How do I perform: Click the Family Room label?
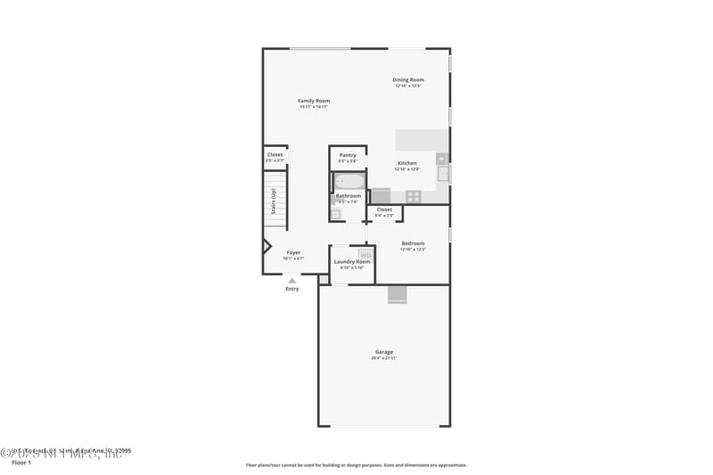[x=314, y=101]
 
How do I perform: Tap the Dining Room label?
[x=408, y=80]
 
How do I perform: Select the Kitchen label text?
[x=407, y=163]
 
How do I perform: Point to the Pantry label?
[x=348, y=155]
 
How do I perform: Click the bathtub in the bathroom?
[x=348, y=182]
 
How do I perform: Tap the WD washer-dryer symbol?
[x=365, y=255]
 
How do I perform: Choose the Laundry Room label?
[x=352, y=261]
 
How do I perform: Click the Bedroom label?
[x=413, y=243]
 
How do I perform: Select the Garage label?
[x=384, y=352]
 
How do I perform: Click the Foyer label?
[x=293, y=252]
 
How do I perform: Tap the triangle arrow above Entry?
[x=291, y=280]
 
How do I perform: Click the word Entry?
[x=291, y=289]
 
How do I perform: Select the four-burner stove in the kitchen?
[x=414, y=196]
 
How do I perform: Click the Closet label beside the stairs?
[x=275, y=154]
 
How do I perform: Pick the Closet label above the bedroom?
[x=384, y=209]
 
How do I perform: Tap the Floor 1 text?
[x=20, y=463]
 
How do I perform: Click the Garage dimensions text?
[x=384, y=358]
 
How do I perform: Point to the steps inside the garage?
[x=397, y=295]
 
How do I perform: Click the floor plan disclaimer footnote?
[x=356, y=465]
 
